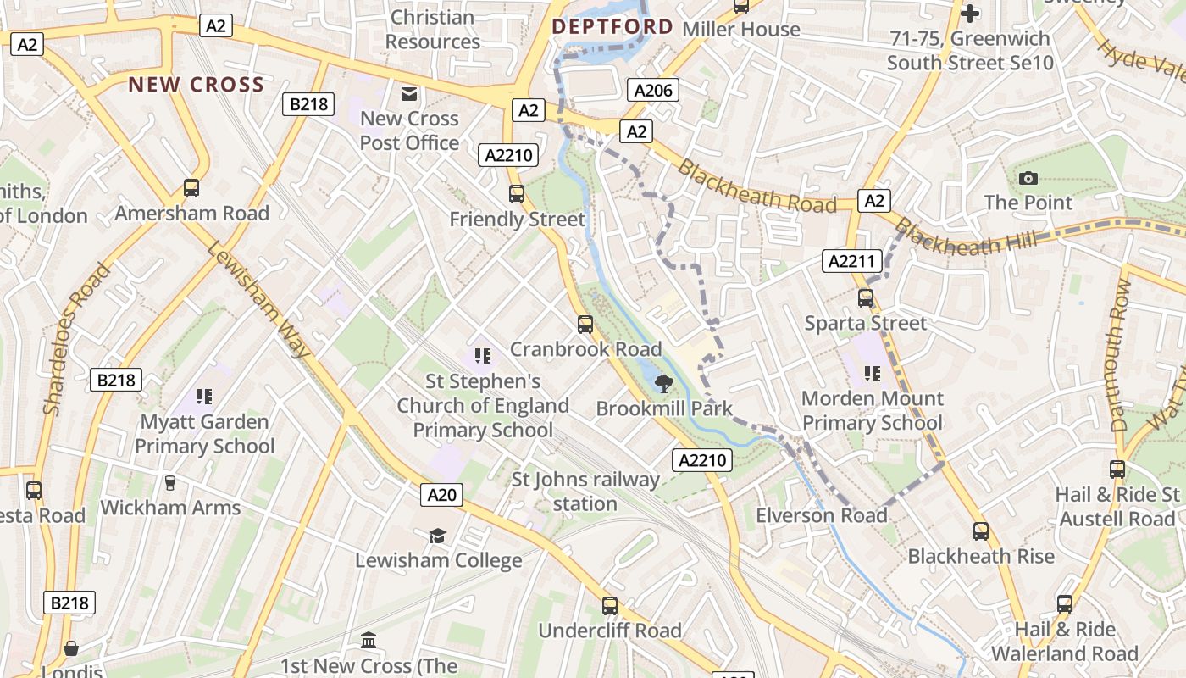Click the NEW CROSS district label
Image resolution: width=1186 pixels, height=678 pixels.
pyautogui.click(x=197, y=85)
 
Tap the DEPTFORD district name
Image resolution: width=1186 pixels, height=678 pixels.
pyautogui.click(x=612, y=27)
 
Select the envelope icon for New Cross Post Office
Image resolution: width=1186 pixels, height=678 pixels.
pyautogui.click(x=409, y=94)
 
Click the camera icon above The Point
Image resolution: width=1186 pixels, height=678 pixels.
pyautogui.click(x=1028, y=178)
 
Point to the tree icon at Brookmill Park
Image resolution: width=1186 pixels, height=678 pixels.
pyautogui.click(x=664, y=384)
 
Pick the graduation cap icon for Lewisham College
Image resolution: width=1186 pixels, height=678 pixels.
pyautogui.click(x=437, y=536)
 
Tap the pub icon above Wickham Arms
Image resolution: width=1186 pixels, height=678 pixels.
pyautogui.click(x=170, y=483)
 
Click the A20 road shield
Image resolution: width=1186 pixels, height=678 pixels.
pyautogui.click(x=442, y=495)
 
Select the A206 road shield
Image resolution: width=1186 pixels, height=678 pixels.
pyautogui.click(x=652, y=90)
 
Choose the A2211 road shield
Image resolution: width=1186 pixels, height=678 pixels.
pyautogui.click(x=850, y=261)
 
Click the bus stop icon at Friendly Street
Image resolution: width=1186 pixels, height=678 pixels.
pyautogui.click(x=517, y=194)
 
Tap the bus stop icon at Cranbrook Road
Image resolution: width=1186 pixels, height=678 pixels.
pyautogui.click(x=585, y=324)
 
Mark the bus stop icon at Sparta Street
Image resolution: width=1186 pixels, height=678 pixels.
pyautogui.click(x=866, y=298)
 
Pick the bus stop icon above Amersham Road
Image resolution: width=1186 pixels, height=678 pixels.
pyautogui.click(x=191, y=188)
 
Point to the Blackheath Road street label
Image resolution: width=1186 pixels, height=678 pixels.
pyautogui.click(x=756, y=186)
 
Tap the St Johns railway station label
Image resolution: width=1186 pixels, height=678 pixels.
pyautogui.click(x=585, y=492)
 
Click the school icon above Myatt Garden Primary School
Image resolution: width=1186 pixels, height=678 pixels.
pyautogui.click(x=203, y=396)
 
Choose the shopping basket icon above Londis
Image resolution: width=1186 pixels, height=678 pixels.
pyautogui.click(x=71, y=648)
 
